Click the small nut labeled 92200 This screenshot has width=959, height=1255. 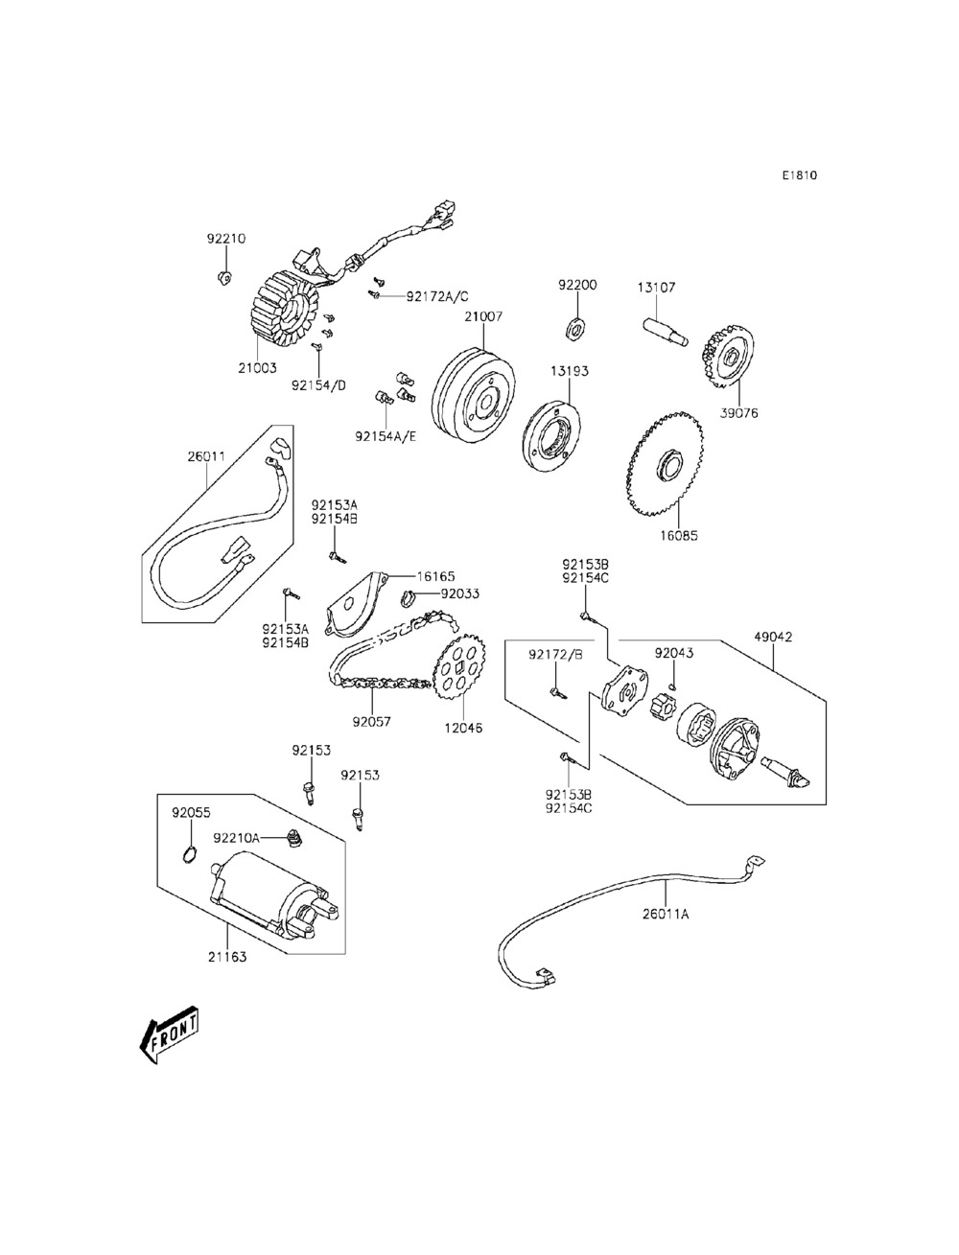577,329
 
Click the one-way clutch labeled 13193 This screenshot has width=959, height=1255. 553,437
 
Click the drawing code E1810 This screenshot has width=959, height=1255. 798,175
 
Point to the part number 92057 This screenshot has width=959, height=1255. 371,721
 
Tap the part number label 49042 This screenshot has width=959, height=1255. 773,637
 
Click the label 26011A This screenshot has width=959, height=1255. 666,914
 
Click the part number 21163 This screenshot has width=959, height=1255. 226,956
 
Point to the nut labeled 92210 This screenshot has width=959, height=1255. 222,279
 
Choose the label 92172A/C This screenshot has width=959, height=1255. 437,296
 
